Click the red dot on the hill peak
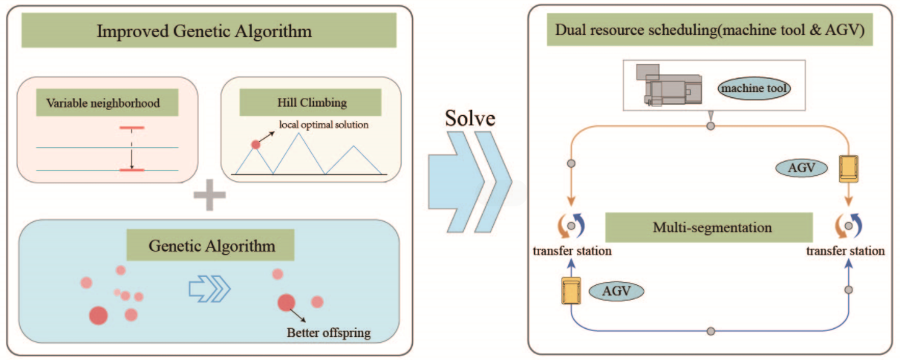[256, 145]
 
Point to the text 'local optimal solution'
[324, 124]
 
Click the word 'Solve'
[470, 120]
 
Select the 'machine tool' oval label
[754, 89]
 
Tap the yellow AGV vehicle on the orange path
[847, 168]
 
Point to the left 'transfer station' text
[572, 251]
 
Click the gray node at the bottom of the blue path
[711, 330]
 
